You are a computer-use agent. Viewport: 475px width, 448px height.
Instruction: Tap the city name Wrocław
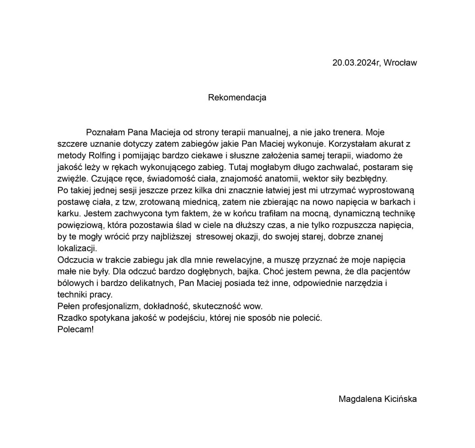coord(400,63)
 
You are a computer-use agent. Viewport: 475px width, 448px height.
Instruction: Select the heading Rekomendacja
coord(237,98)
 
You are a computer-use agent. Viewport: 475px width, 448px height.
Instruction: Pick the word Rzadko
coord(70,318)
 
